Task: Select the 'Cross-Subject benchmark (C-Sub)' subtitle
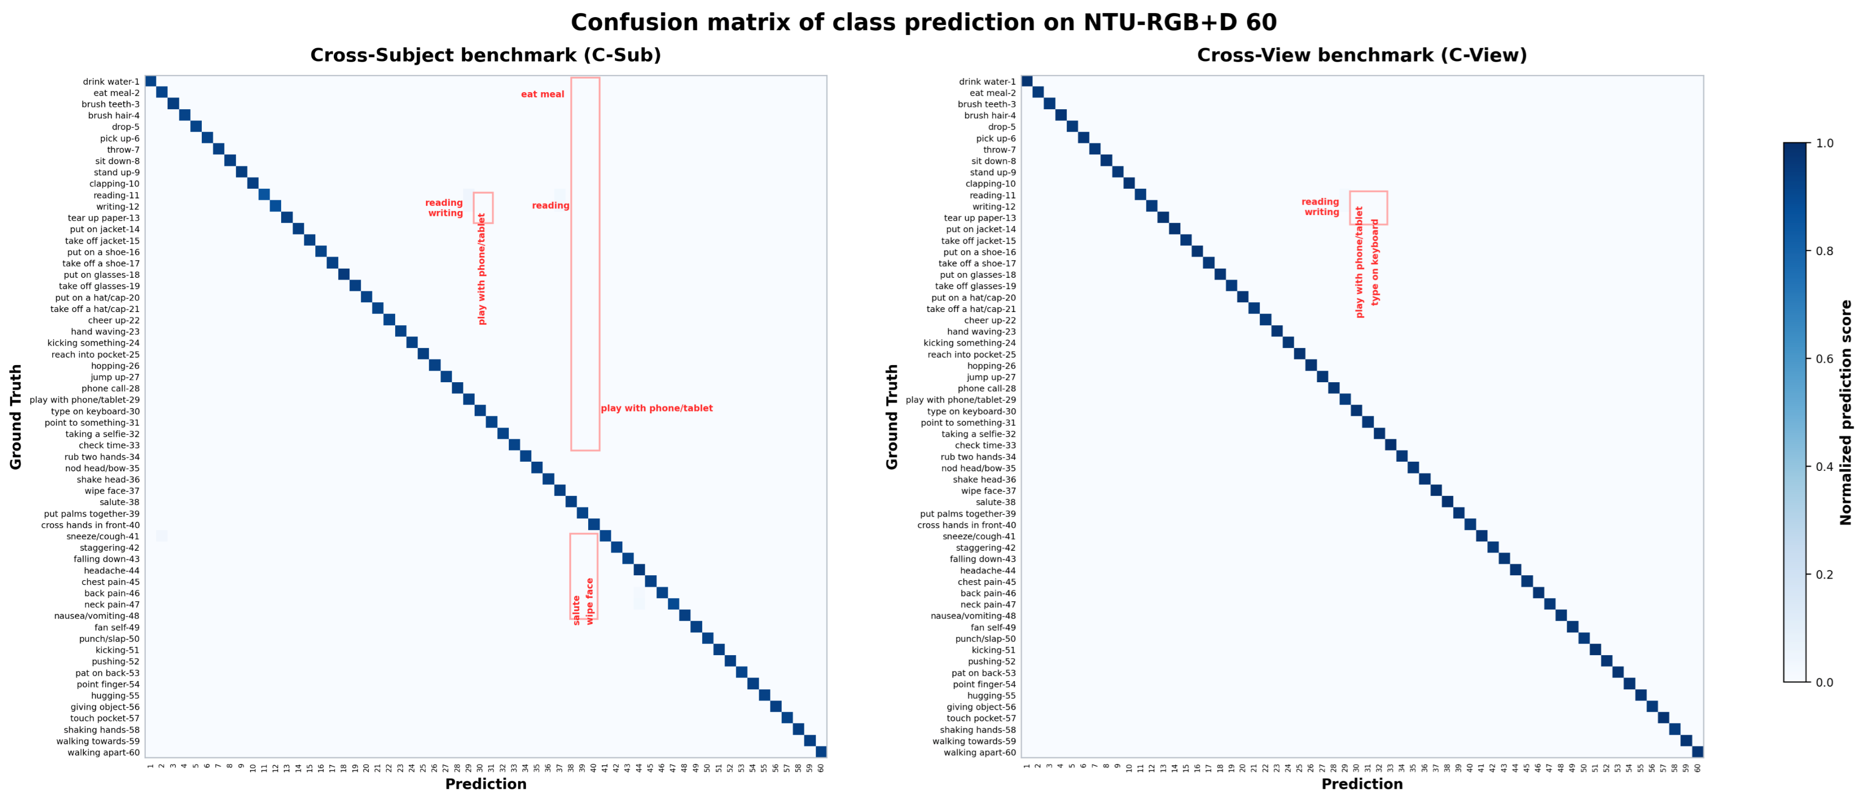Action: click(485, 55)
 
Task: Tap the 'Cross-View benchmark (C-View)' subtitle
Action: click(1362, 55)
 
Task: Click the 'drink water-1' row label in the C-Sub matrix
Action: click(111, 82)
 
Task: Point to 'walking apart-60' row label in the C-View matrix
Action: click(979, 752)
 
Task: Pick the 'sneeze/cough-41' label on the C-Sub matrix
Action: click(103, 536)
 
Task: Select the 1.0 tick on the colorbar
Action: click(1824, 143)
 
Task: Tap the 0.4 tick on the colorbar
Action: click(1824, 467)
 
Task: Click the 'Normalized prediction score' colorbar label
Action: click(1846, 412)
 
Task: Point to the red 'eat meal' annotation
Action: click(542, 94)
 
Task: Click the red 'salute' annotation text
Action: click(576, 610)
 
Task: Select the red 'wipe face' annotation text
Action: click(590, 601)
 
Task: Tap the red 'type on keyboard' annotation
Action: click(1375, 262)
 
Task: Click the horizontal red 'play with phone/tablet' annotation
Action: click(657, 409)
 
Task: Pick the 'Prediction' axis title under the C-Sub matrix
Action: click(485, 784)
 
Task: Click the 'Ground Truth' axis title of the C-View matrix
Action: click(892, 417)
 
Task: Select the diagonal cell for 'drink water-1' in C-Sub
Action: click(150, 81)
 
